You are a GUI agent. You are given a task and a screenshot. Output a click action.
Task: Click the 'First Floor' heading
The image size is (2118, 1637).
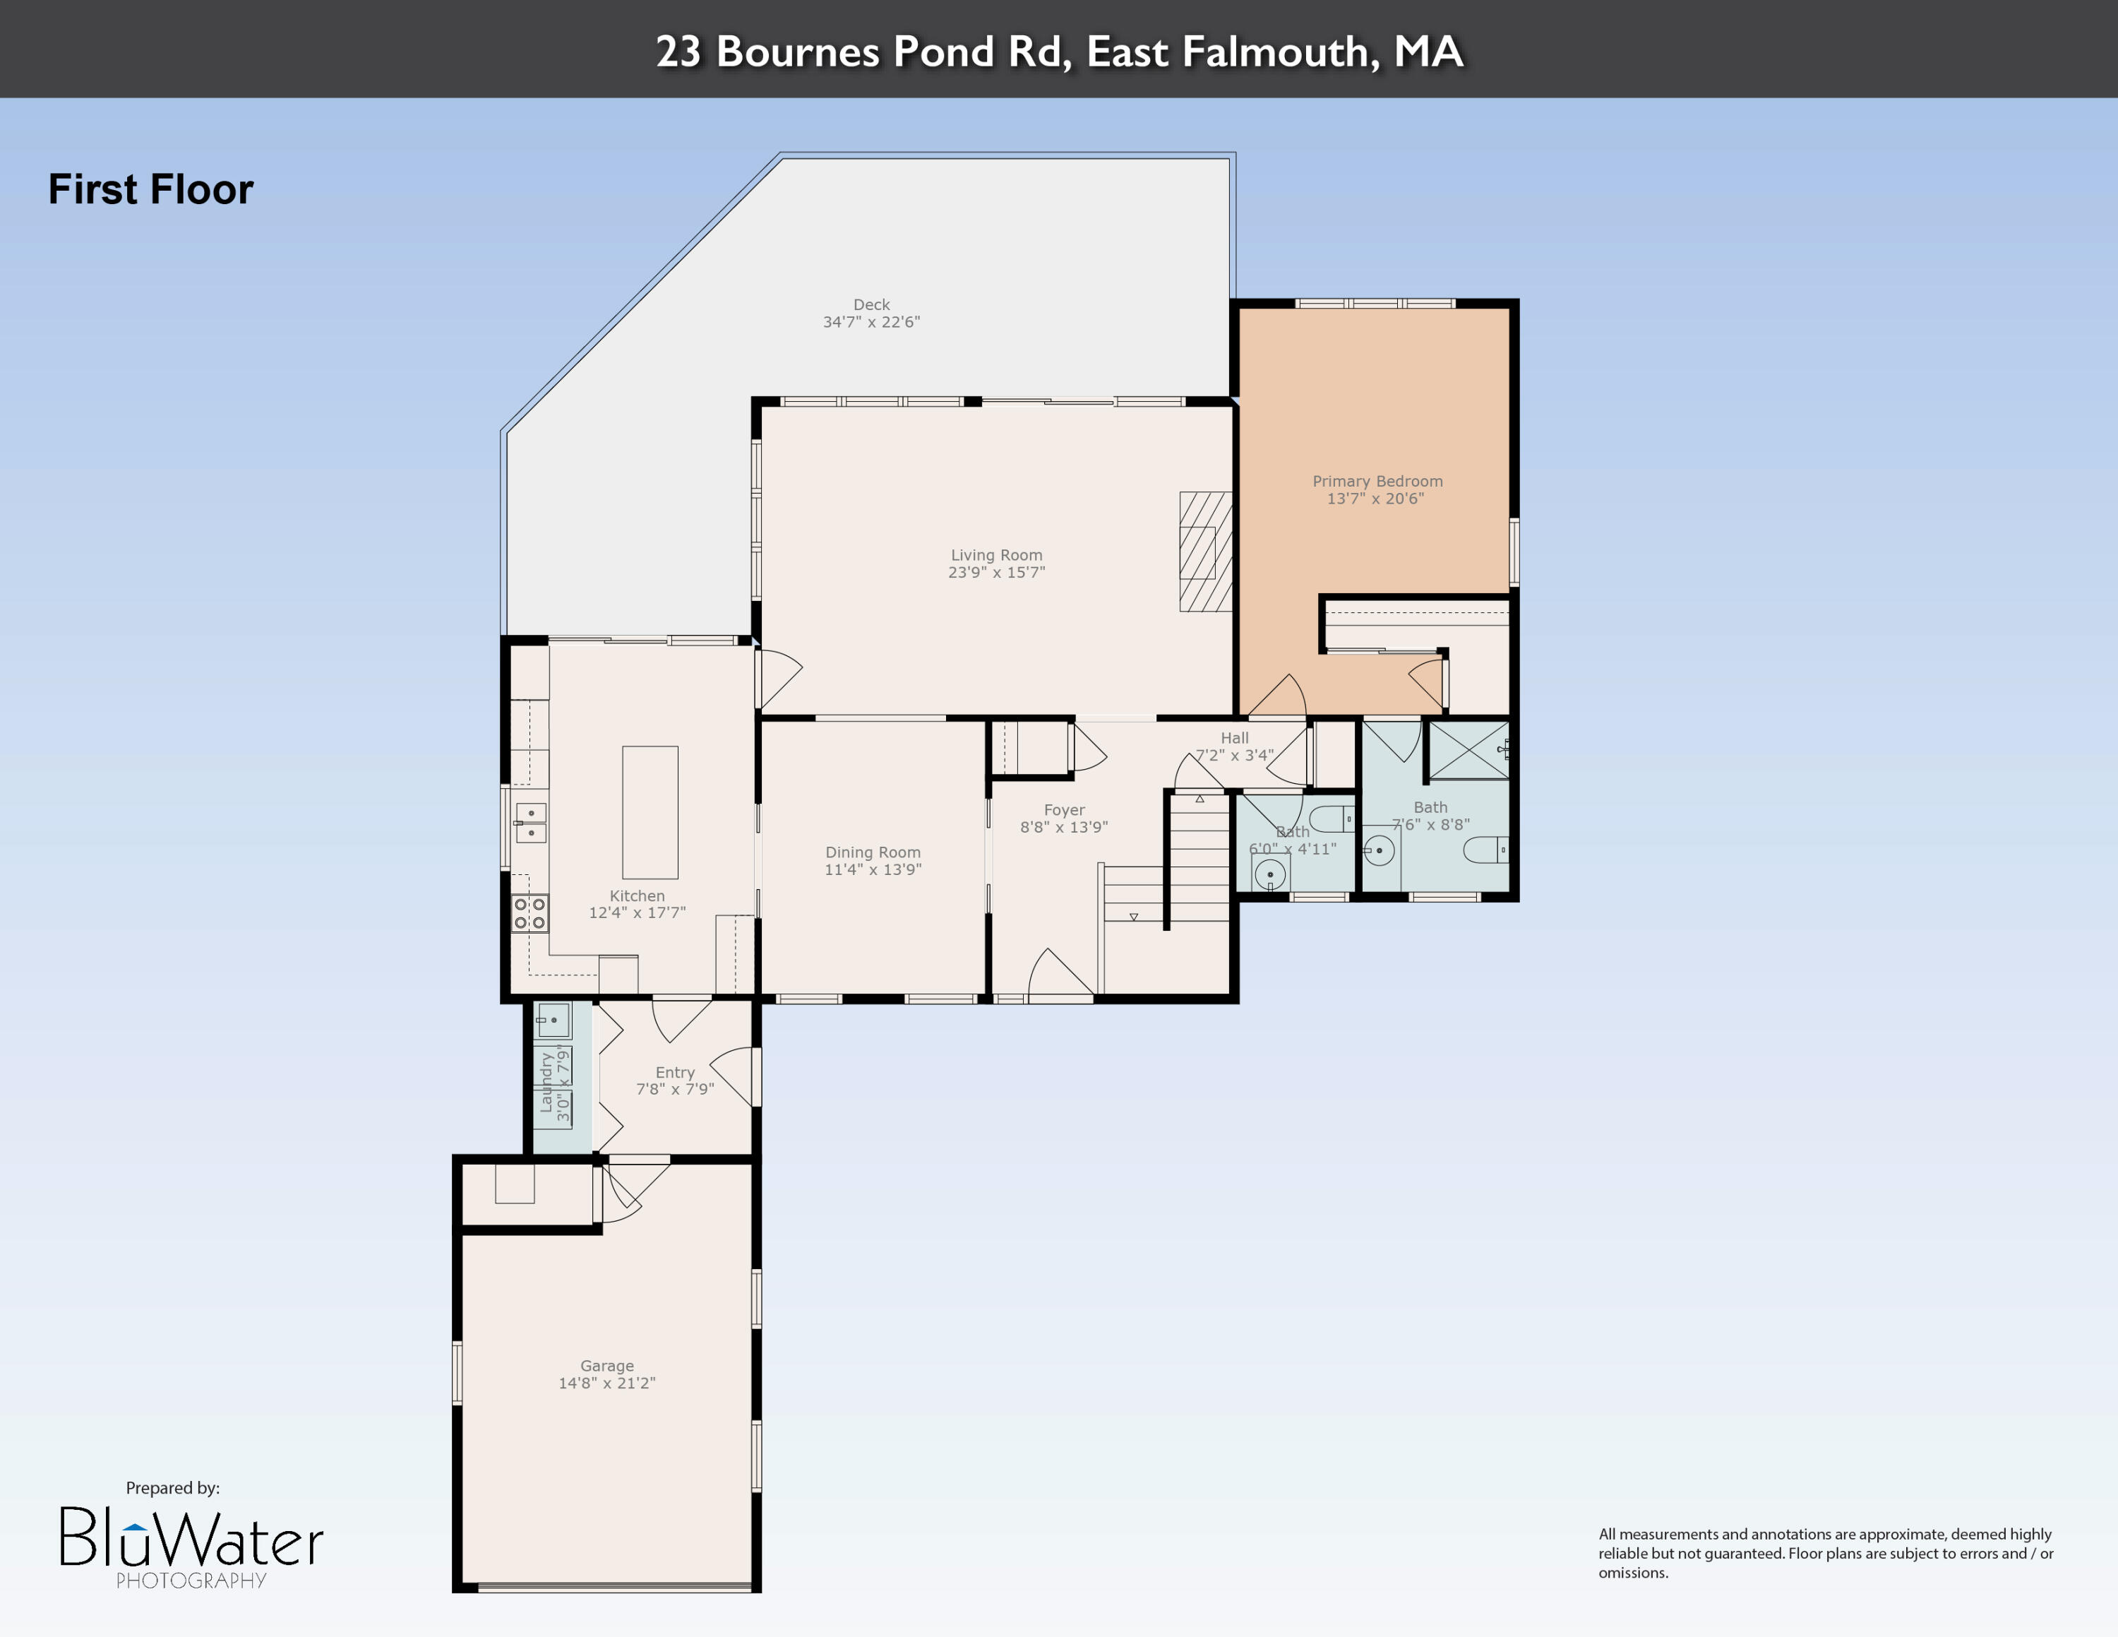click(x=150, y=189)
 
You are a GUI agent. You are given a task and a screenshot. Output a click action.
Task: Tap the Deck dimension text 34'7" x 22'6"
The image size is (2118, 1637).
click(x=871, y=322)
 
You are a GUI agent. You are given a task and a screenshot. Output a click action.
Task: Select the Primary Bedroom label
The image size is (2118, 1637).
click(x=1377, y=481)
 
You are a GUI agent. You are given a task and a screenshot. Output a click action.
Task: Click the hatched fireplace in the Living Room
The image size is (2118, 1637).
click(x=1205, y=552)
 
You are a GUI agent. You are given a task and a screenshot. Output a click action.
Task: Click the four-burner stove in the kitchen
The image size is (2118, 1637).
click(x=529, y=912)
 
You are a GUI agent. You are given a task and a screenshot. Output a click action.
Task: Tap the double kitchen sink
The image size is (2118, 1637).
click(x=530, y=822)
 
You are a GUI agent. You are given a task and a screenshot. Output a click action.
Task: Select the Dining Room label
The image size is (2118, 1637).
click(x=873, y=852)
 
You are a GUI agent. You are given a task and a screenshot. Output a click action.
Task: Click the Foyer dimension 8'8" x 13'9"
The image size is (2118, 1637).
click(x=1064, y=827)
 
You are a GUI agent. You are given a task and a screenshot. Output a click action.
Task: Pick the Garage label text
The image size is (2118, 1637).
click(x=607, y=1365)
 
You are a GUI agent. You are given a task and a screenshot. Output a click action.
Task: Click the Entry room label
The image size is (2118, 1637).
click(x=675, y=1071)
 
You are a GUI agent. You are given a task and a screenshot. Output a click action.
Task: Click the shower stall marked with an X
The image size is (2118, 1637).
click(x=1469, y=750)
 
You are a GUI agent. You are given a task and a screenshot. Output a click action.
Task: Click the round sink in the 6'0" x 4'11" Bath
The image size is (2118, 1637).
click(x=1269, y=874)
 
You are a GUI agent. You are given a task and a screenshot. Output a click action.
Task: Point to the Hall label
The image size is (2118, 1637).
click(x=1235, y=738)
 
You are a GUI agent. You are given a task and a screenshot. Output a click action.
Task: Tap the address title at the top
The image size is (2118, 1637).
click(x=1059, y=50)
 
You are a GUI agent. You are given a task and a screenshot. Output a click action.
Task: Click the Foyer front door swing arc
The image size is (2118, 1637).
click(x=1057, y=970)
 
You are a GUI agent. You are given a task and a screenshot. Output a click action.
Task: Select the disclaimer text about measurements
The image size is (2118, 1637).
click(x=1825, y=1553)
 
